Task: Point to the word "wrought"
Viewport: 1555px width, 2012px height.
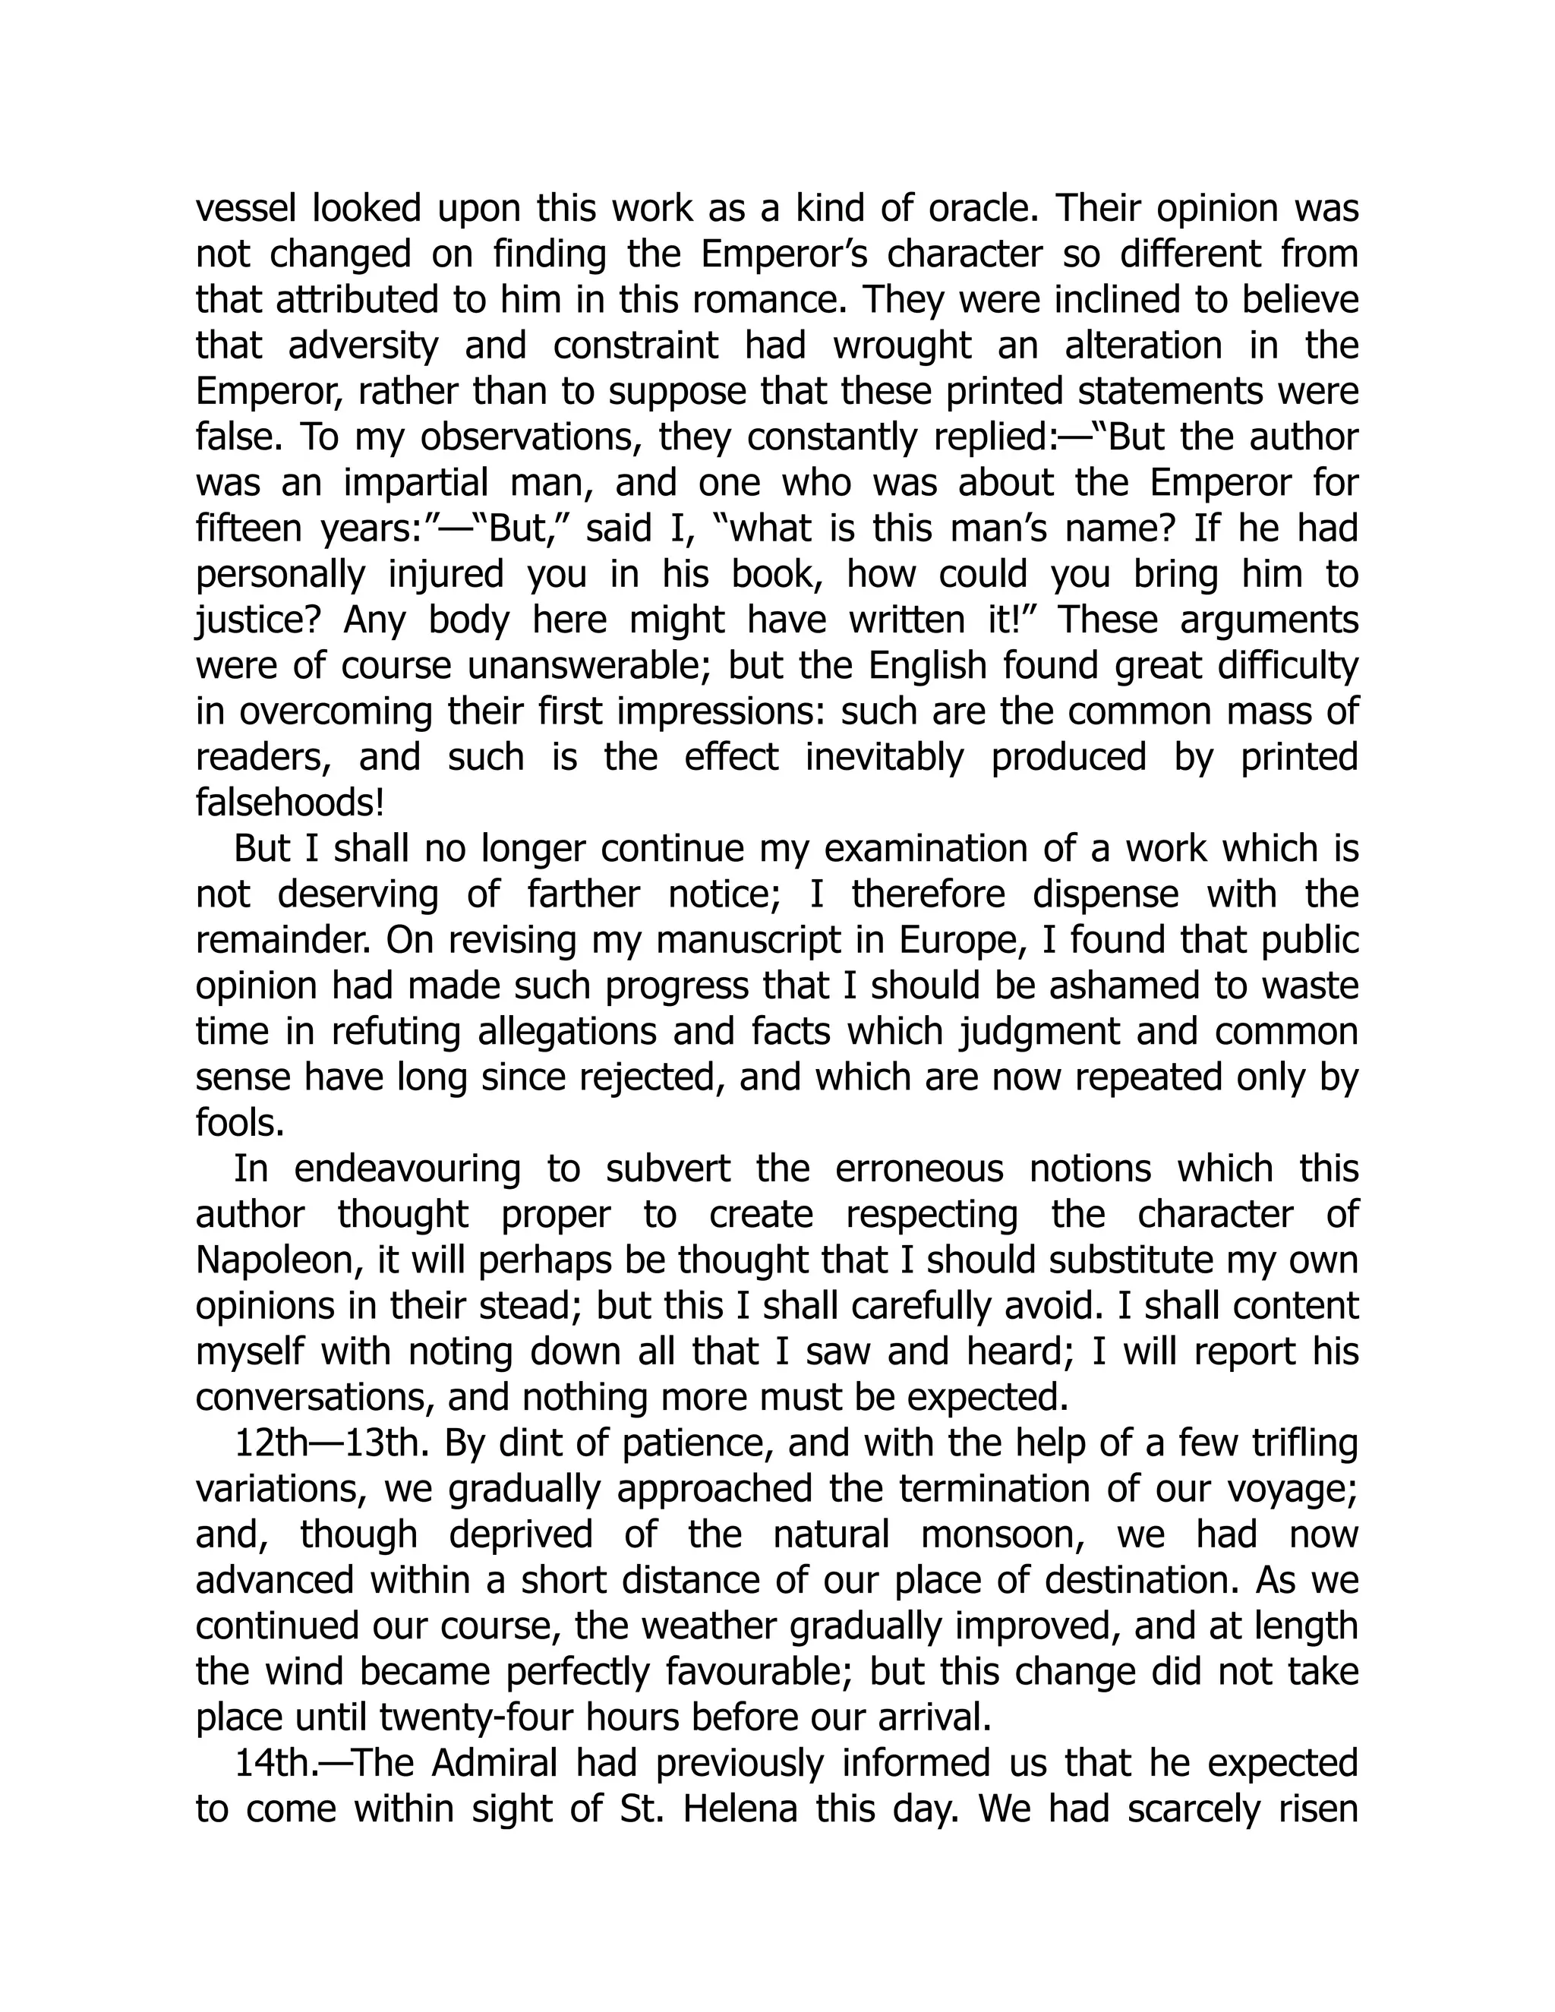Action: (x=902, y=346)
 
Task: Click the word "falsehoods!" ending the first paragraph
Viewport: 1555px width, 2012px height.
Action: (x=290, y=803)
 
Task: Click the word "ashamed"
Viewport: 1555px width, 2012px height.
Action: (x=1099, y=987)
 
